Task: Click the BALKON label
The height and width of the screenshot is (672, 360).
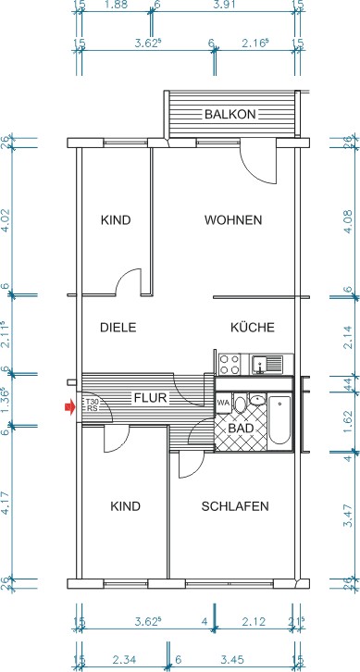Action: point(230,115)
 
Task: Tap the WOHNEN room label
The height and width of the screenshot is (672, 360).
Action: point(233,220)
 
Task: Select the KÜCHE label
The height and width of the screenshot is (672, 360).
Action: point(252,328)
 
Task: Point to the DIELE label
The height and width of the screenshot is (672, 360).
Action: point(118,328)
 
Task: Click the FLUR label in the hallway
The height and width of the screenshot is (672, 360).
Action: point(150,398)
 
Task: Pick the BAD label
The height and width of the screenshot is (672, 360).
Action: point(241,429)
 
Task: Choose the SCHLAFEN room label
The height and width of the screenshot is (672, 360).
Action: point(235,506)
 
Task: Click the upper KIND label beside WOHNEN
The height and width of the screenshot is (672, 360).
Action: point(116,220)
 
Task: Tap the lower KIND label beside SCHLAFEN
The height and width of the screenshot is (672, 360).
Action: point(125,506)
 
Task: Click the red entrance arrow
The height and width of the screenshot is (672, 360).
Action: point(68,405)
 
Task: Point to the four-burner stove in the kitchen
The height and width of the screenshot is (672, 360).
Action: point(230,364)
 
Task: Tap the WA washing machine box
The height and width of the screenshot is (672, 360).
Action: point(223,404)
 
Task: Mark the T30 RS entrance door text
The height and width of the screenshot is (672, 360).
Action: point(92,404)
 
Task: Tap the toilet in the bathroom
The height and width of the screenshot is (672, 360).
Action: point(242,404)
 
